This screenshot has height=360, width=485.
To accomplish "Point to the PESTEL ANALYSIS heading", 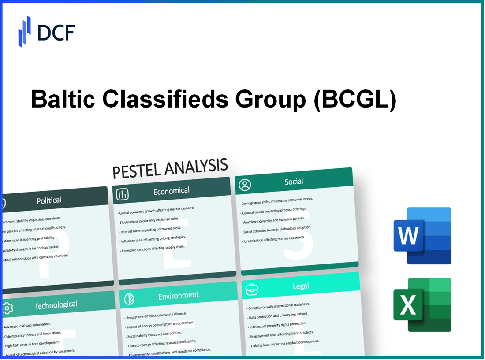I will pyautogui.click(x=170, y=168).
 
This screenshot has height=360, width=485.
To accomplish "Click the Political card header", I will pyautogui.click(x=49, y=200).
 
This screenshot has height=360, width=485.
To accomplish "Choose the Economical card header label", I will pyautogui.click(x=171, y=191).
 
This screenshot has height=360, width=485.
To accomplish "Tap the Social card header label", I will pyautogui.click(x=294, y=181).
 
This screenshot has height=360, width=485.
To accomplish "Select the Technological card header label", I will pyautogui.click(x=56, y=304).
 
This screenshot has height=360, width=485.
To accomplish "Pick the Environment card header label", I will pyautogui.click(x=178, y=295).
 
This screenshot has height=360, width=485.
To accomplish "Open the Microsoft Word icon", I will pyautogui.click(x=422, y=236).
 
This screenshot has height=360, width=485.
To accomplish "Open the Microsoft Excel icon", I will pyautogui.click(x=422, y=304).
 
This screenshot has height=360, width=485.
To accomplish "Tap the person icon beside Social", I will pyautogui.click(x=244, y=185).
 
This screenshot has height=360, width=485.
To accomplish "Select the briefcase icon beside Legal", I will pyautogui.click(x=251, y=289).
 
